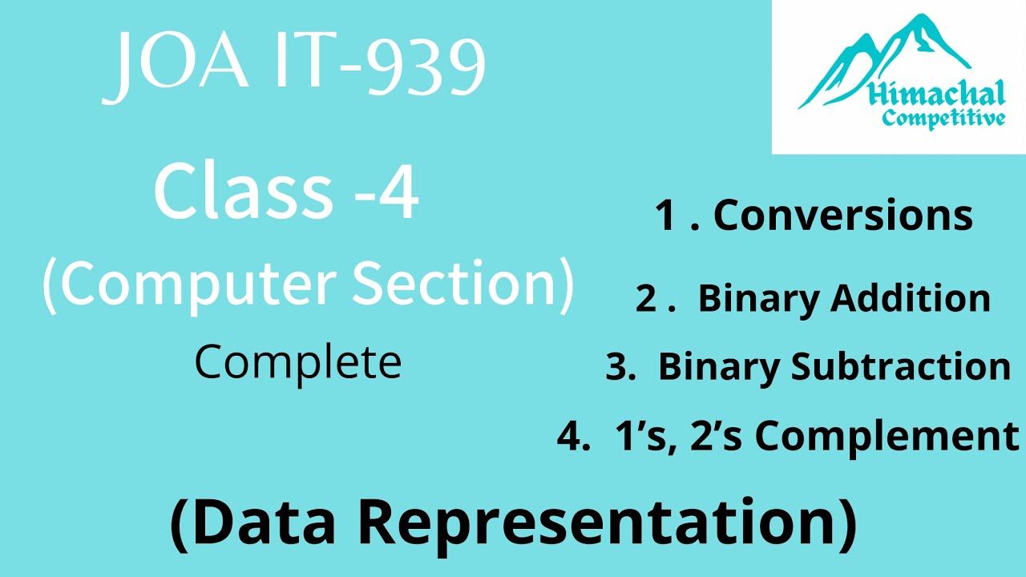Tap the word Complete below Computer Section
pyautogui.click(x=297, y=362)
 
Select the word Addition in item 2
pyautogui.click(x=911, y=298)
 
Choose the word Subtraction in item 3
pyautogui.click(x=901, y=366)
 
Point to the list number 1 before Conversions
pyautogui.click(x=664, y=216)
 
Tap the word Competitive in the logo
pyautogui.click(x=943, y=119)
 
